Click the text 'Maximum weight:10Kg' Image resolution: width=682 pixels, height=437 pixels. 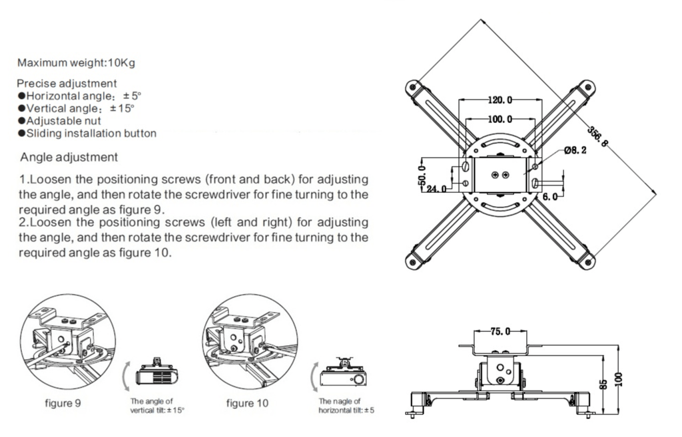click(77, 63)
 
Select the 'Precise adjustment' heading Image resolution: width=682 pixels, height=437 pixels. click(67, 83)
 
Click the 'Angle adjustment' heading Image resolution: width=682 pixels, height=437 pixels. click(69, 158)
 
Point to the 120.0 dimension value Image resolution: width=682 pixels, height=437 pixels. click(500, 100)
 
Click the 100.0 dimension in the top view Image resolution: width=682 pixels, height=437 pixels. click(500, 119)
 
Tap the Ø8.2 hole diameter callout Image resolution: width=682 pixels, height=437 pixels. click(575, 151)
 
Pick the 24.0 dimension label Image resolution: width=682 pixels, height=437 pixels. click(436, 188)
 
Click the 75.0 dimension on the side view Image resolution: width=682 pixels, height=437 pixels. click(500, 331)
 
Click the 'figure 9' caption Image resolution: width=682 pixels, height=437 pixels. click(63, 402)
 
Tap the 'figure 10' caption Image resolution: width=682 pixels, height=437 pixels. click(249, 402)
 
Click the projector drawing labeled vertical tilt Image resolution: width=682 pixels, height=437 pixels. click(157, 374)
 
